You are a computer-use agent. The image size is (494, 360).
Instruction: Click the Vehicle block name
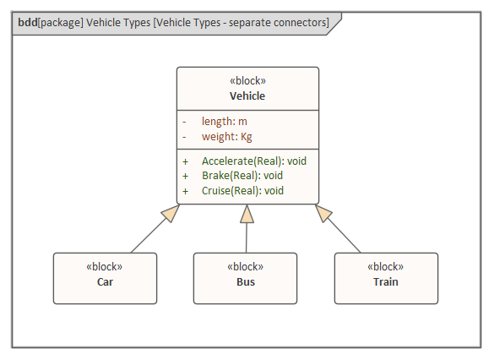coord(247,95)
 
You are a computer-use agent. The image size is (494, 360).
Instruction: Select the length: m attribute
coord(225,122)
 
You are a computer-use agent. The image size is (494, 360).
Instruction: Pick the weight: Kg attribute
coord(227,137)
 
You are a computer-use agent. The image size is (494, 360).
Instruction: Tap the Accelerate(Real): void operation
coord(254,161)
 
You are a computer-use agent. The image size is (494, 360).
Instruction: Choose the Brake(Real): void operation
coord(242,176)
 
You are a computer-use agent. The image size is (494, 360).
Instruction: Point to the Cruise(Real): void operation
coord(242,191)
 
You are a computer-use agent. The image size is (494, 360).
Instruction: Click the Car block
coord(105,278)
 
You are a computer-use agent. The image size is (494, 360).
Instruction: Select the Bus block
coord(245,278)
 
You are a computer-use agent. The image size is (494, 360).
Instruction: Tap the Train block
coord(386,278)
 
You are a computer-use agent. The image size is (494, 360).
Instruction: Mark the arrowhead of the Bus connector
coord(247,214)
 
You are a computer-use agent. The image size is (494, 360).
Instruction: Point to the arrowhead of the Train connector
coord(323,213)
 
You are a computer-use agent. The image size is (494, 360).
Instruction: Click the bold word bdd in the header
coord(28,23)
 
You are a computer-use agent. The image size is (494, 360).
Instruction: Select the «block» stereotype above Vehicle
coord(247,80)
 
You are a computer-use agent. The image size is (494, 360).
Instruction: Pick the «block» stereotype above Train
coord(385,267)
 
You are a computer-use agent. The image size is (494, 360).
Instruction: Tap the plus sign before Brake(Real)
coord(185,177)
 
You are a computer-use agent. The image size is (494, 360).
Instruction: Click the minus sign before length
coord(184,122)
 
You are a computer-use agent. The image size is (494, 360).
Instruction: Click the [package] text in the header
coord(61,23)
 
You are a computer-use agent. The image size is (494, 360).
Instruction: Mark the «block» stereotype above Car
coord(104,267)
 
